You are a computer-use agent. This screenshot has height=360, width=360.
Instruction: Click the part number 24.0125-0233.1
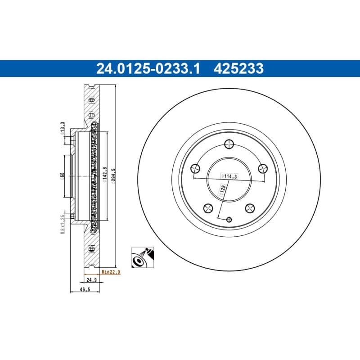[148, 69]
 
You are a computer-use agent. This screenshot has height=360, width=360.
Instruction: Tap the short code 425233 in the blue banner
[238, 69]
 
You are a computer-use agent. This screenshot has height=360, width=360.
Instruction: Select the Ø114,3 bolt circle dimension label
[229, 176]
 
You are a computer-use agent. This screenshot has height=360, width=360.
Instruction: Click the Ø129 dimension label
[222, 190]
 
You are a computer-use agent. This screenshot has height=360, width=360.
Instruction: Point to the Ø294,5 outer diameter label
[113, 176]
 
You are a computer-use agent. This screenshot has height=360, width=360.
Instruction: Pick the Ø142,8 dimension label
[104, 175]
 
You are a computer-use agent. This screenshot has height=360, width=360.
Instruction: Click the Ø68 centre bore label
[62, 176]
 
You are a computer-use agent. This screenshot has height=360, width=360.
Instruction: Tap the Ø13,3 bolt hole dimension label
[63, 129]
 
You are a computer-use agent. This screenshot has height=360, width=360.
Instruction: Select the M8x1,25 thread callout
[62, 224]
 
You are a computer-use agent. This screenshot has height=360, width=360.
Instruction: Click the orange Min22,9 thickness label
[111, 272]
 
